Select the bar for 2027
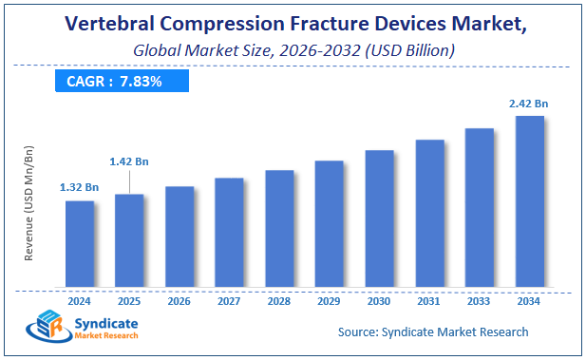click(x=229, y=232)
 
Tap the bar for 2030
click(x=379, y=218)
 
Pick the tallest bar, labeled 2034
click(x=529, y=200)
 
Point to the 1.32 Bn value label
click(x=80, y=187)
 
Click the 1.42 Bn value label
click(x=129, y=162)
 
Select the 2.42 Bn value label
click(x=529, y=103)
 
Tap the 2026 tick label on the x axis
click(x=180, y=301)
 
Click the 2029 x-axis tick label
click(x=329, y=301)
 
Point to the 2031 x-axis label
click(x=429, y=301)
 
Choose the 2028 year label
click(x=279, y=301)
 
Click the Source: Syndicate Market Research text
click(x=433, y=332)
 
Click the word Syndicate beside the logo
click(x=104, y=324)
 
